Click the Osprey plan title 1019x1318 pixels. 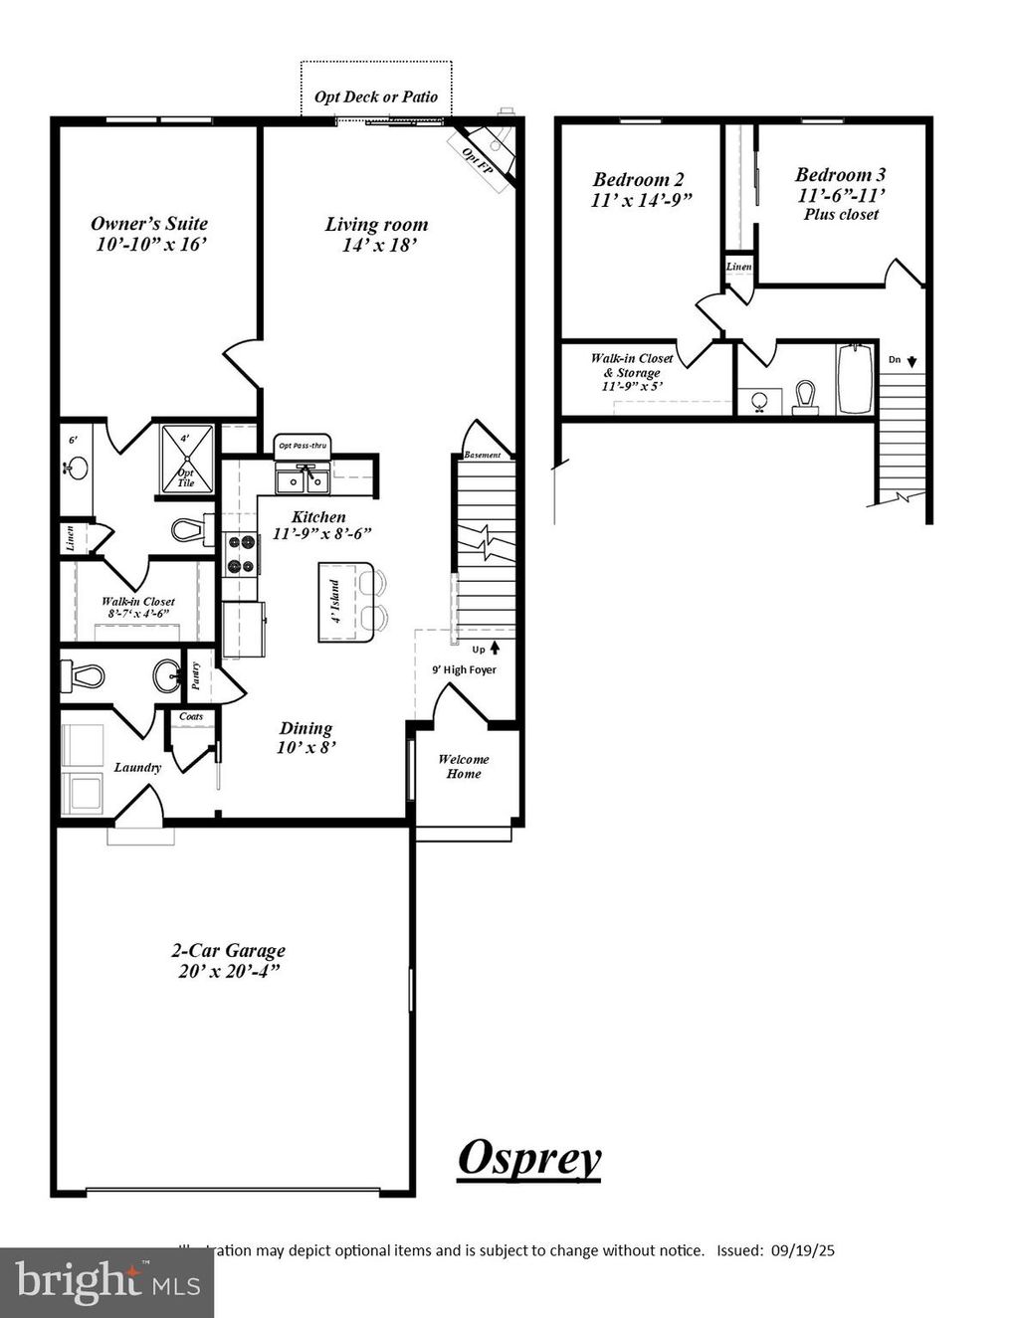coord(529,1159)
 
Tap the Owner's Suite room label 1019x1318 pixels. coord(149,233)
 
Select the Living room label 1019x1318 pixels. coord(377,234)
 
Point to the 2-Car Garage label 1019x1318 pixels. coord(228,961)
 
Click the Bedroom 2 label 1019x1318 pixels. coord(640,189)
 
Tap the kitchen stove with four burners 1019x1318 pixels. coord(243,555)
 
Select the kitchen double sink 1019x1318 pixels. coord(304,480)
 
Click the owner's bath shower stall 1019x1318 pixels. coord(186,459)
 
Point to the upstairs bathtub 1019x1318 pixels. coord(855,378)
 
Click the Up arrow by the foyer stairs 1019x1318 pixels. coord(495,650)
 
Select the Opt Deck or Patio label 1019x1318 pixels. coord(376,96)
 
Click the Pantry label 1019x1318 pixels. coord(196,676)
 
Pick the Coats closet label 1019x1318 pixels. coord(191,716)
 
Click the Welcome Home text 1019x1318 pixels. coord(464,766)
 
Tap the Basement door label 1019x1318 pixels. coord(483,456)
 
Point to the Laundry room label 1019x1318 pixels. coord(137,767)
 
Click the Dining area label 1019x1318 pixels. coord(306,737)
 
